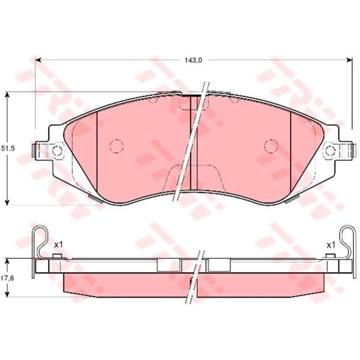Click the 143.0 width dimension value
click(193, 61)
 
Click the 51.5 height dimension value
click(8, 148)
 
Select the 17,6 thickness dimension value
click(8, 278)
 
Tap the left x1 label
click(58, 245)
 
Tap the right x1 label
click(331, 245)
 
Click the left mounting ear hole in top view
click(57, 151)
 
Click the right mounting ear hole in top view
click(331, 151)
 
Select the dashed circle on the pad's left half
click(116, 146)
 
